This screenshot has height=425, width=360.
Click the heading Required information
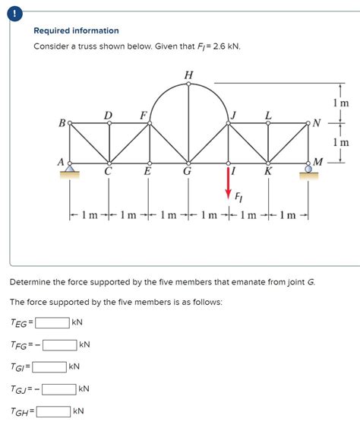coord(76,30)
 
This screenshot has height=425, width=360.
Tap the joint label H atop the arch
coord(188,74)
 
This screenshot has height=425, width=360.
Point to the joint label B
coord(61,121)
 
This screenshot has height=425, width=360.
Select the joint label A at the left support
coord(60,161)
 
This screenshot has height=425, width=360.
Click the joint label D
coord(109,115)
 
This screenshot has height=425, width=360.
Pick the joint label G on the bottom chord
coord(188,172)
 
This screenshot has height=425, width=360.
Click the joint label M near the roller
coord(319,161)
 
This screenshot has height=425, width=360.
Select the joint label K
coord(268,172)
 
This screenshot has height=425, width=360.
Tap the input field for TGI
coord(49,366)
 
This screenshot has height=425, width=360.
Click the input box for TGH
coord(54,411)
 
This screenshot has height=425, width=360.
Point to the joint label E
coord(147,172)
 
